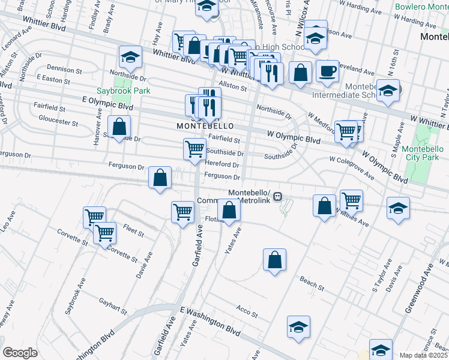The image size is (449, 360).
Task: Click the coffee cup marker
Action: point(327,72)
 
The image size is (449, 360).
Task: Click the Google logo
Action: point(20,353)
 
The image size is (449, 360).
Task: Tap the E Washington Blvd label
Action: point(210,320)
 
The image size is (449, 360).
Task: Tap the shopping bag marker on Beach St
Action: point(274,260)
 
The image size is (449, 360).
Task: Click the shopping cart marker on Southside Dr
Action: point(194,149)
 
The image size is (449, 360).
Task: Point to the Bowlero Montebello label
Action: point(418,7)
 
